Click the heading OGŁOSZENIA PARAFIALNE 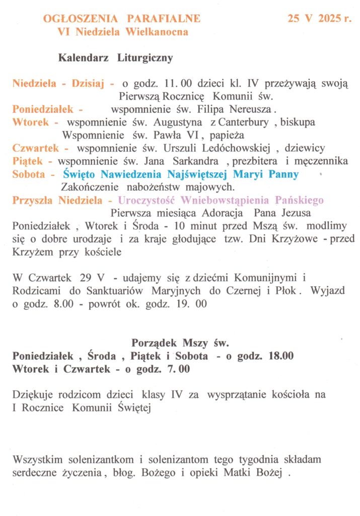(x=122, y=19)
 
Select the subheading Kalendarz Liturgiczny (x=116, y=58)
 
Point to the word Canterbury (x=244, y=122)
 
